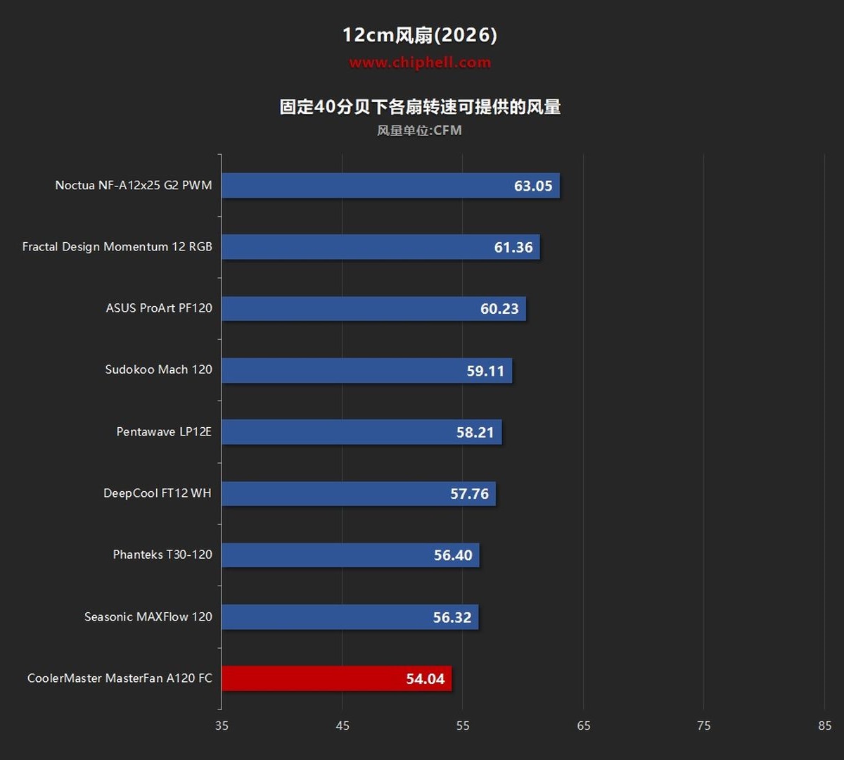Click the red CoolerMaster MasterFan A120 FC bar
(337, 678)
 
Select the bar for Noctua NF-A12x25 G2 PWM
(390, 185)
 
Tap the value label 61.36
(513, 247)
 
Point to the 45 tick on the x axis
(343, 726)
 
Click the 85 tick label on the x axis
(824, 726)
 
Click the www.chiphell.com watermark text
(420, 63)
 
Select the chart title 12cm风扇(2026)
(420, 34)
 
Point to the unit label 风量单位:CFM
(419, 130)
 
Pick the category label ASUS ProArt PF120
(159, 308)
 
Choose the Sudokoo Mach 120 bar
(367, 371)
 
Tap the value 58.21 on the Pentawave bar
(475, 432)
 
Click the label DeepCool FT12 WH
(158, 493)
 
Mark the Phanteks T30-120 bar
(350, 555)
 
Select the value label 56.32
(452, 618)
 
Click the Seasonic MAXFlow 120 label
(148, 617)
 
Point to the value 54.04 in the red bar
(426, 679)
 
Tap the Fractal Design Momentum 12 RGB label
(117, 247)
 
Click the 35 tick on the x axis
(222, 726)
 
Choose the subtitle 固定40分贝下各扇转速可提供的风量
(420, 107)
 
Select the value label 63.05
(533, 186)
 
